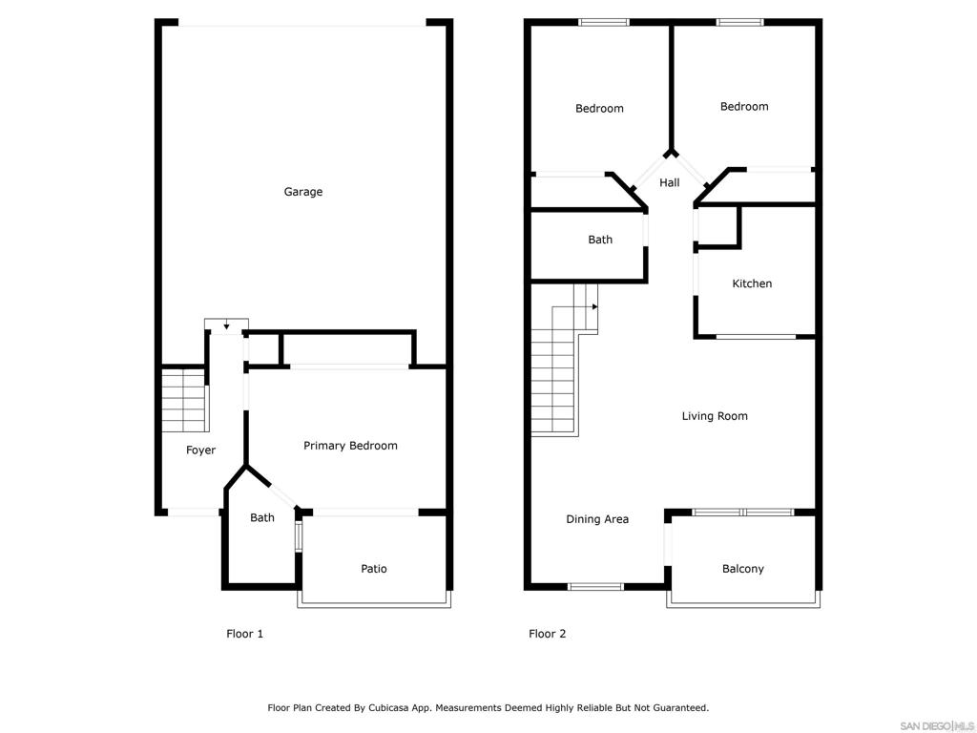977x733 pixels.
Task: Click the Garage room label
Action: [x=303, y=192]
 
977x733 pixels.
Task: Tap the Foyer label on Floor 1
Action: [x=200, y=450]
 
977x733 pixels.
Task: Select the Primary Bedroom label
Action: [x=350, y=446]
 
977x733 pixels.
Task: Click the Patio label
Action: [x=374, y=569]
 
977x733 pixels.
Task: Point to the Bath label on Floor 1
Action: [x=262, y=518]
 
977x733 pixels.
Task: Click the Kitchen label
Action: [x=752, y=283]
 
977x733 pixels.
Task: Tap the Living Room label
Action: [x=715, y=416]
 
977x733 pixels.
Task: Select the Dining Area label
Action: [x=597, y=519]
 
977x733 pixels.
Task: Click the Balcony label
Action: [x=742, y=569]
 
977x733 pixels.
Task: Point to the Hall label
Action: [x=670, y=182]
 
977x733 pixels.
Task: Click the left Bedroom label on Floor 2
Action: [x=599, y=109]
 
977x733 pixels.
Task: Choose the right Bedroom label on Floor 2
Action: [x=744, y=107]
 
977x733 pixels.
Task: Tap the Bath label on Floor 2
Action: [x=600, y=240]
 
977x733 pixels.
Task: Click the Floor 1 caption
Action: [x=244, y=634]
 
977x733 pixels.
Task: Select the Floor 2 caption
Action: [x=548, y=634]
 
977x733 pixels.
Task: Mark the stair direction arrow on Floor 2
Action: [x=593, y=306]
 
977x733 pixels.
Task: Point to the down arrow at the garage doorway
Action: [x=226, y=327]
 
